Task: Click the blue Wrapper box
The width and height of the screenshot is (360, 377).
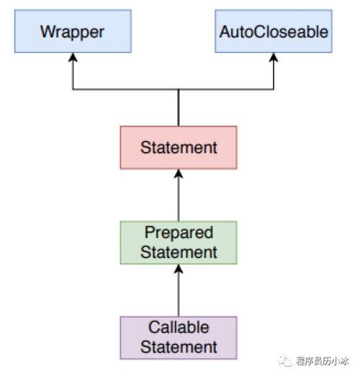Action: coord(71,32)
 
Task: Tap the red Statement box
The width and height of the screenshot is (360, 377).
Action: coord(178,148)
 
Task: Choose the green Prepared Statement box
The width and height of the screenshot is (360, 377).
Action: coord(178,243)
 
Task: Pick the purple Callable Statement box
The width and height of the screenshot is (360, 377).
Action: coord(178,337)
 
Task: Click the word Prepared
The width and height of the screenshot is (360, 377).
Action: coord(179,234)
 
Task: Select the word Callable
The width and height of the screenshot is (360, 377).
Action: coord(179,328)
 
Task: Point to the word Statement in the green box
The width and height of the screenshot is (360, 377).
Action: coord(179,252)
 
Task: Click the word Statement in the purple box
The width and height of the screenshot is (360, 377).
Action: coord(179,347)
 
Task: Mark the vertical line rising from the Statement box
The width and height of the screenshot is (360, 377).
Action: coord(178,108)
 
